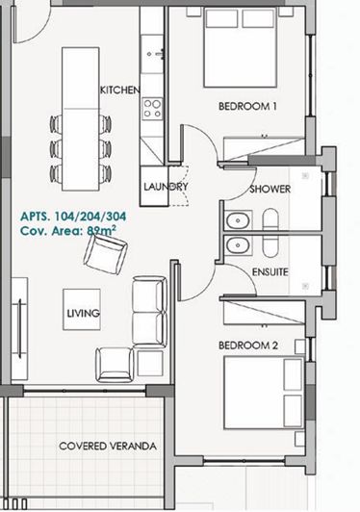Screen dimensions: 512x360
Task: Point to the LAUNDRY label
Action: point(162,187)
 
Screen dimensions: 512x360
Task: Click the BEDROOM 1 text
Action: point(247,107)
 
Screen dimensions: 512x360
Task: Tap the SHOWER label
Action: point(270,190)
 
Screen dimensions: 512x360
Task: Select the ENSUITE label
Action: point(270,272)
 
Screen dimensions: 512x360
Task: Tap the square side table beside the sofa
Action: point(150,362)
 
